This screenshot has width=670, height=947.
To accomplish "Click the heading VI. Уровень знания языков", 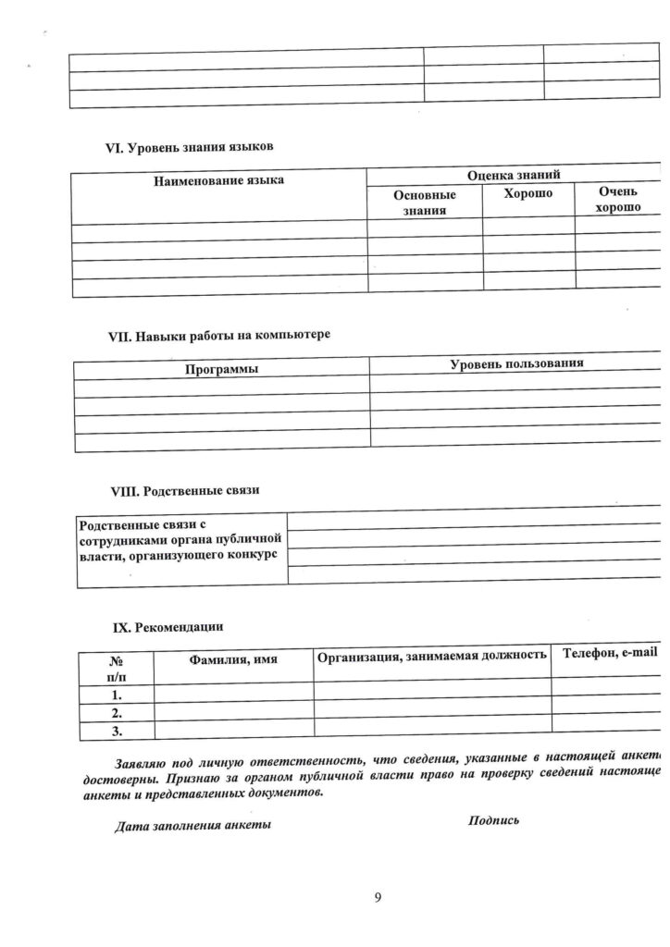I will (x=192, y=147).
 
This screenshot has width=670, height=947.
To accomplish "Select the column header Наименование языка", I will (x=218, y=179).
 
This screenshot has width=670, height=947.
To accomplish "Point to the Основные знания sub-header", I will (x=425, y=203).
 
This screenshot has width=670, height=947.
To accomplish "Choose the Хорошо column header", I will (x=527, y=194).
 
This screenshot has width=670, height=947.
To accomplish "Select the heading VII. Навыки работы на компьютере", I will (x=219, y=335).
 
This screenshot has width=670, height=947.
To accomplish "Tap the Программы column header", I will (x=220, y=369).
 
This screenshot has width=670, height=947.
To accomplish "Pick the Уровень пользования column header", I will (x=516, y=363).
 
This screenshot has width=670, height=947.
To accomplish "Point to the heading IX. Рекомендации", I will (x=167, y=627).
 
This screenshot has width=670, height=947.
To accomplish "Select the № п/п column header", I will (x=117, y=668).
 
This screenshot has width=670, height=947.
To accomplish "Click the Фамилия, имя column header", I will (x=233, y=659).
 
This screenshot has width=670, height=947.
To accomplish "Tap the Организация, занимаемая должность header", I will (x=431, y=656).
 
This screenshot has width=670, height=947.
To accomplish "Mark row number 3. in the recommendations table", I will (x=117, y=732).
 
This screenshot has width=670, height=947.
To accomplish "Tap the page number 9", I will (x=378, y=897).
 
